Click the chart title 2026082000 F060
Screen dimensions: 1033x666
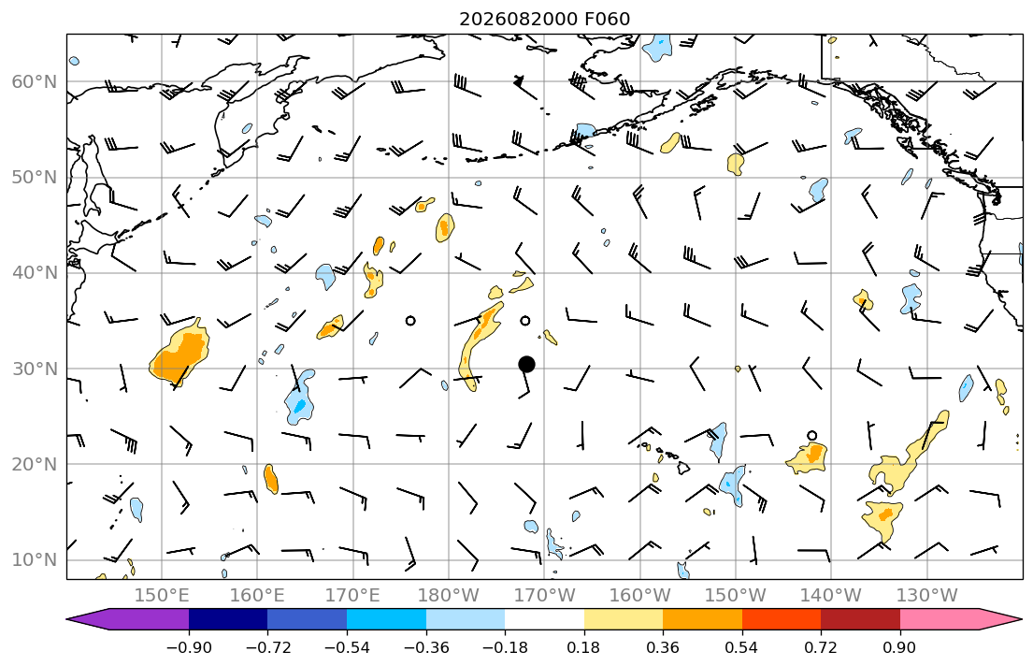pyautogui.click(x=544, y=19)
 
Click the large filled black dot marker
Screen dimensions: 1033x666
pyautogui.click(x=526, y=364)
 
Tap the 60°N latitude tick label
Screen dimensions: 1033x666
pyautogui.click(x=35, y=81)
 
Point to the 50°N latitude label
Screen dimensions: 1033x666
pyautogui.click(x=35, y=178)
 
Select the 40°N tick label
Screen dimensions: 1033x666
pyautogui.click(x=35, y=273)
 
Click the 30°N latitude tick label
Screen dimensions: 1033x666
pyautogui.click(x=35, y=369)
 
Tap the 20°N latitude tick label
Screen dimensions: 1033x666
pyautogui.click(x=35, y=464)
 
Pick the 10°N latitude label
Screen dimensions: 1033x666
pyautogui.click(x=35, y=560)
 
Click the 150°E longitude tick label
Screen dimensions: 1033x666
pyautogui.click(x=162, y=596)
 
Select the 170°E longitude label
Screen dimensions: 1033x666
pyautogui.click(x=353, y=596)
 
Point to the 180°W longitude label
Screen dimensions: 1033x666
pyautogui.click(x=450, y=596)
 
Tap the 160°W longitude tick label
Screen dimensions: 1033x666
pyautogui.click(x=640, y=596)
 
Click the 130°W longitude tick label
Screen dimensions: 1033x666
pyautogui.click(x=927, y=596)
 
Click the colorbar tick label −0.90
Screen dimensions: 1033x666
pyautogui.click(x=189, y=647)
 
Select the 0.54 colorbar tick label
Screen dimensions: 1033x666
pyautogui.click(x=742, y=647)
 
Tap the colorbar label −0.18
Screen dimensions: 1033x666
pyautogui.click(x=505, y=647)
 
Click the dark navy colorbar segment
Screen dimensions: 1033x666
pyautogui.click(x=228, y=619)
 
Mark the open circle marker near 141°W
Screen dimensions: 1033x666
pyautogui.click(x=812, y=436)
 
